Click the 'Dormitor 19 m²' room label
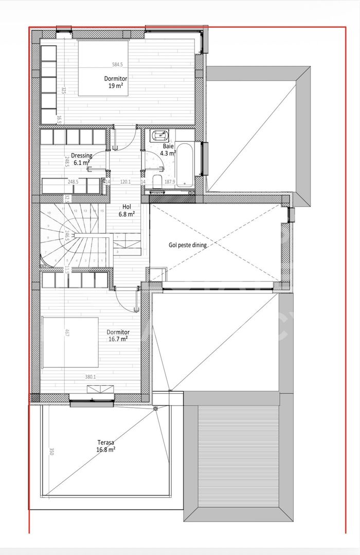(116, 82)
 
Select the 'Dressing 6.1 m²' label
(82, 159)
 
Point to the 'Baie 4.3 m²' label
(168, 150)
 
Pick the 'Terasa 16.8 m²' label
(105, 445)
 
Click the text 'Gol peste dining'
(188, 245)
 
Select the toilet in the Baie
(156, 192)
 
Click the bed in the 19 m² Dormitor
(103, 67)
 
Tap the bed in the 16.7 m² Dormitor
(70, 342)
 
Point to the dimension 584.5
(118, 65)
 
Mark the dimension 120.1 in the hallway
(125, 181)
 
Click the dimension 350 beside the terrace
(51, 452)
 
